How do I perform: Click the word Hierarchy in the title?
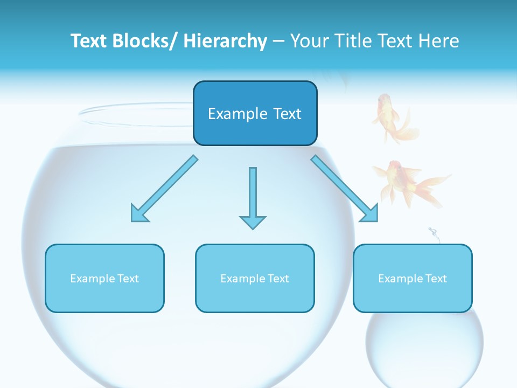(225, 41)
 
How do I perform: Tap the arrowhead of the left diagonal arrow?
(139, 213)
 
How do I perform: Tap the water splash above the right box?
(434, 235)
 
